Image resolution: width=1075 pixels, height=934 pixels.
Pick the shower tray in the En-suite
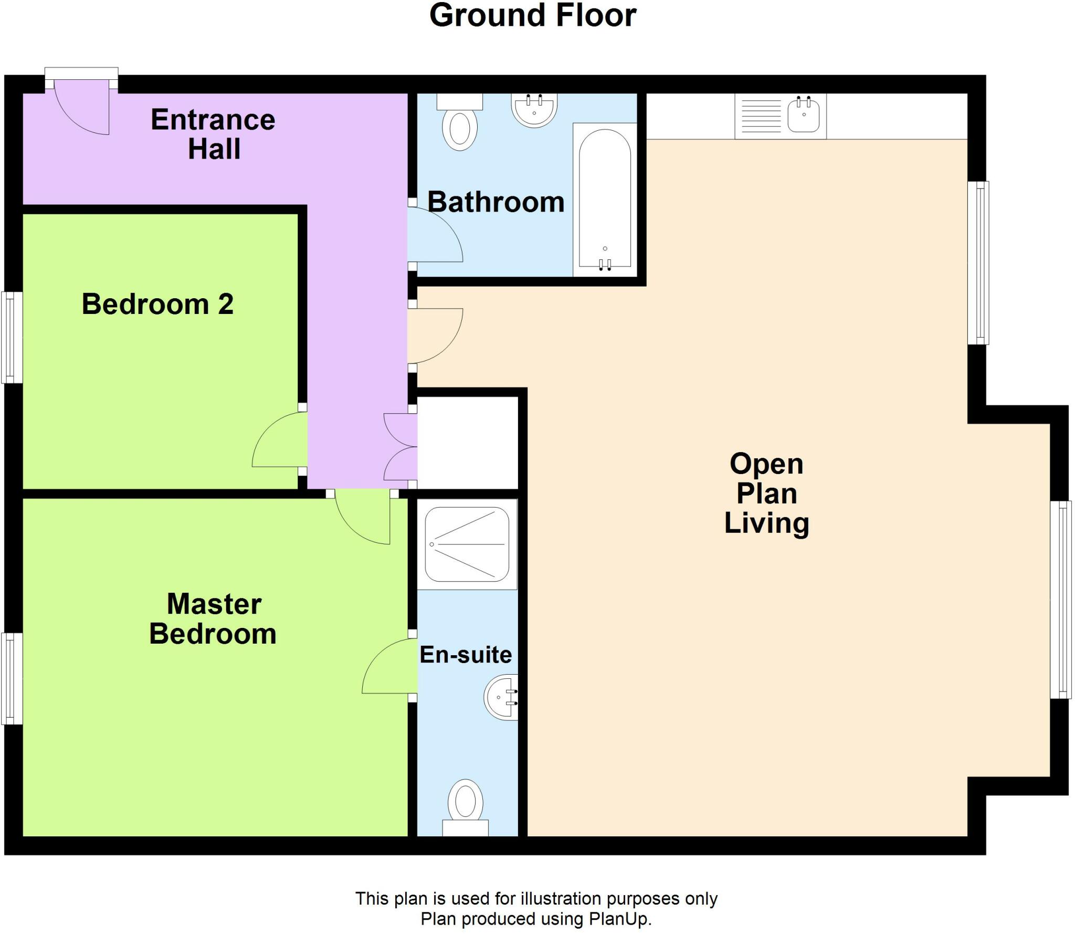tap(467, 544)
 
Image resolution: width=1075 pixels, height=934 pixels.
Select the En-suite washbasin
tap(501, 697)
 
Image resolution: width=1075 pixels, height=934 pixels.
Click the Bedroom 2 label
tap(157, 304)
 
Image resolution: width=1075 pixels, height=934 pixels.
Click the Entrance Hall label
tap(213, 134)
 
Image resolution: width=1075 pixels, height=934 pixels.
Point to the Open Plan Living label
tap(766, 494)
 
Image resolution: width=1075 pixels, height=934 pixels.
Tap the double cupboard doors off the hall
tap(400, 447)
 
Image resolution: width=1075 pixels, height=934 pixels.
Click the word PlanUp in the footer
tap(619, 919)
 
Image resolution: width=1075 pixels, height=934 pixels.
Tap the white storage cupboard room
tap(467, 442)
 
